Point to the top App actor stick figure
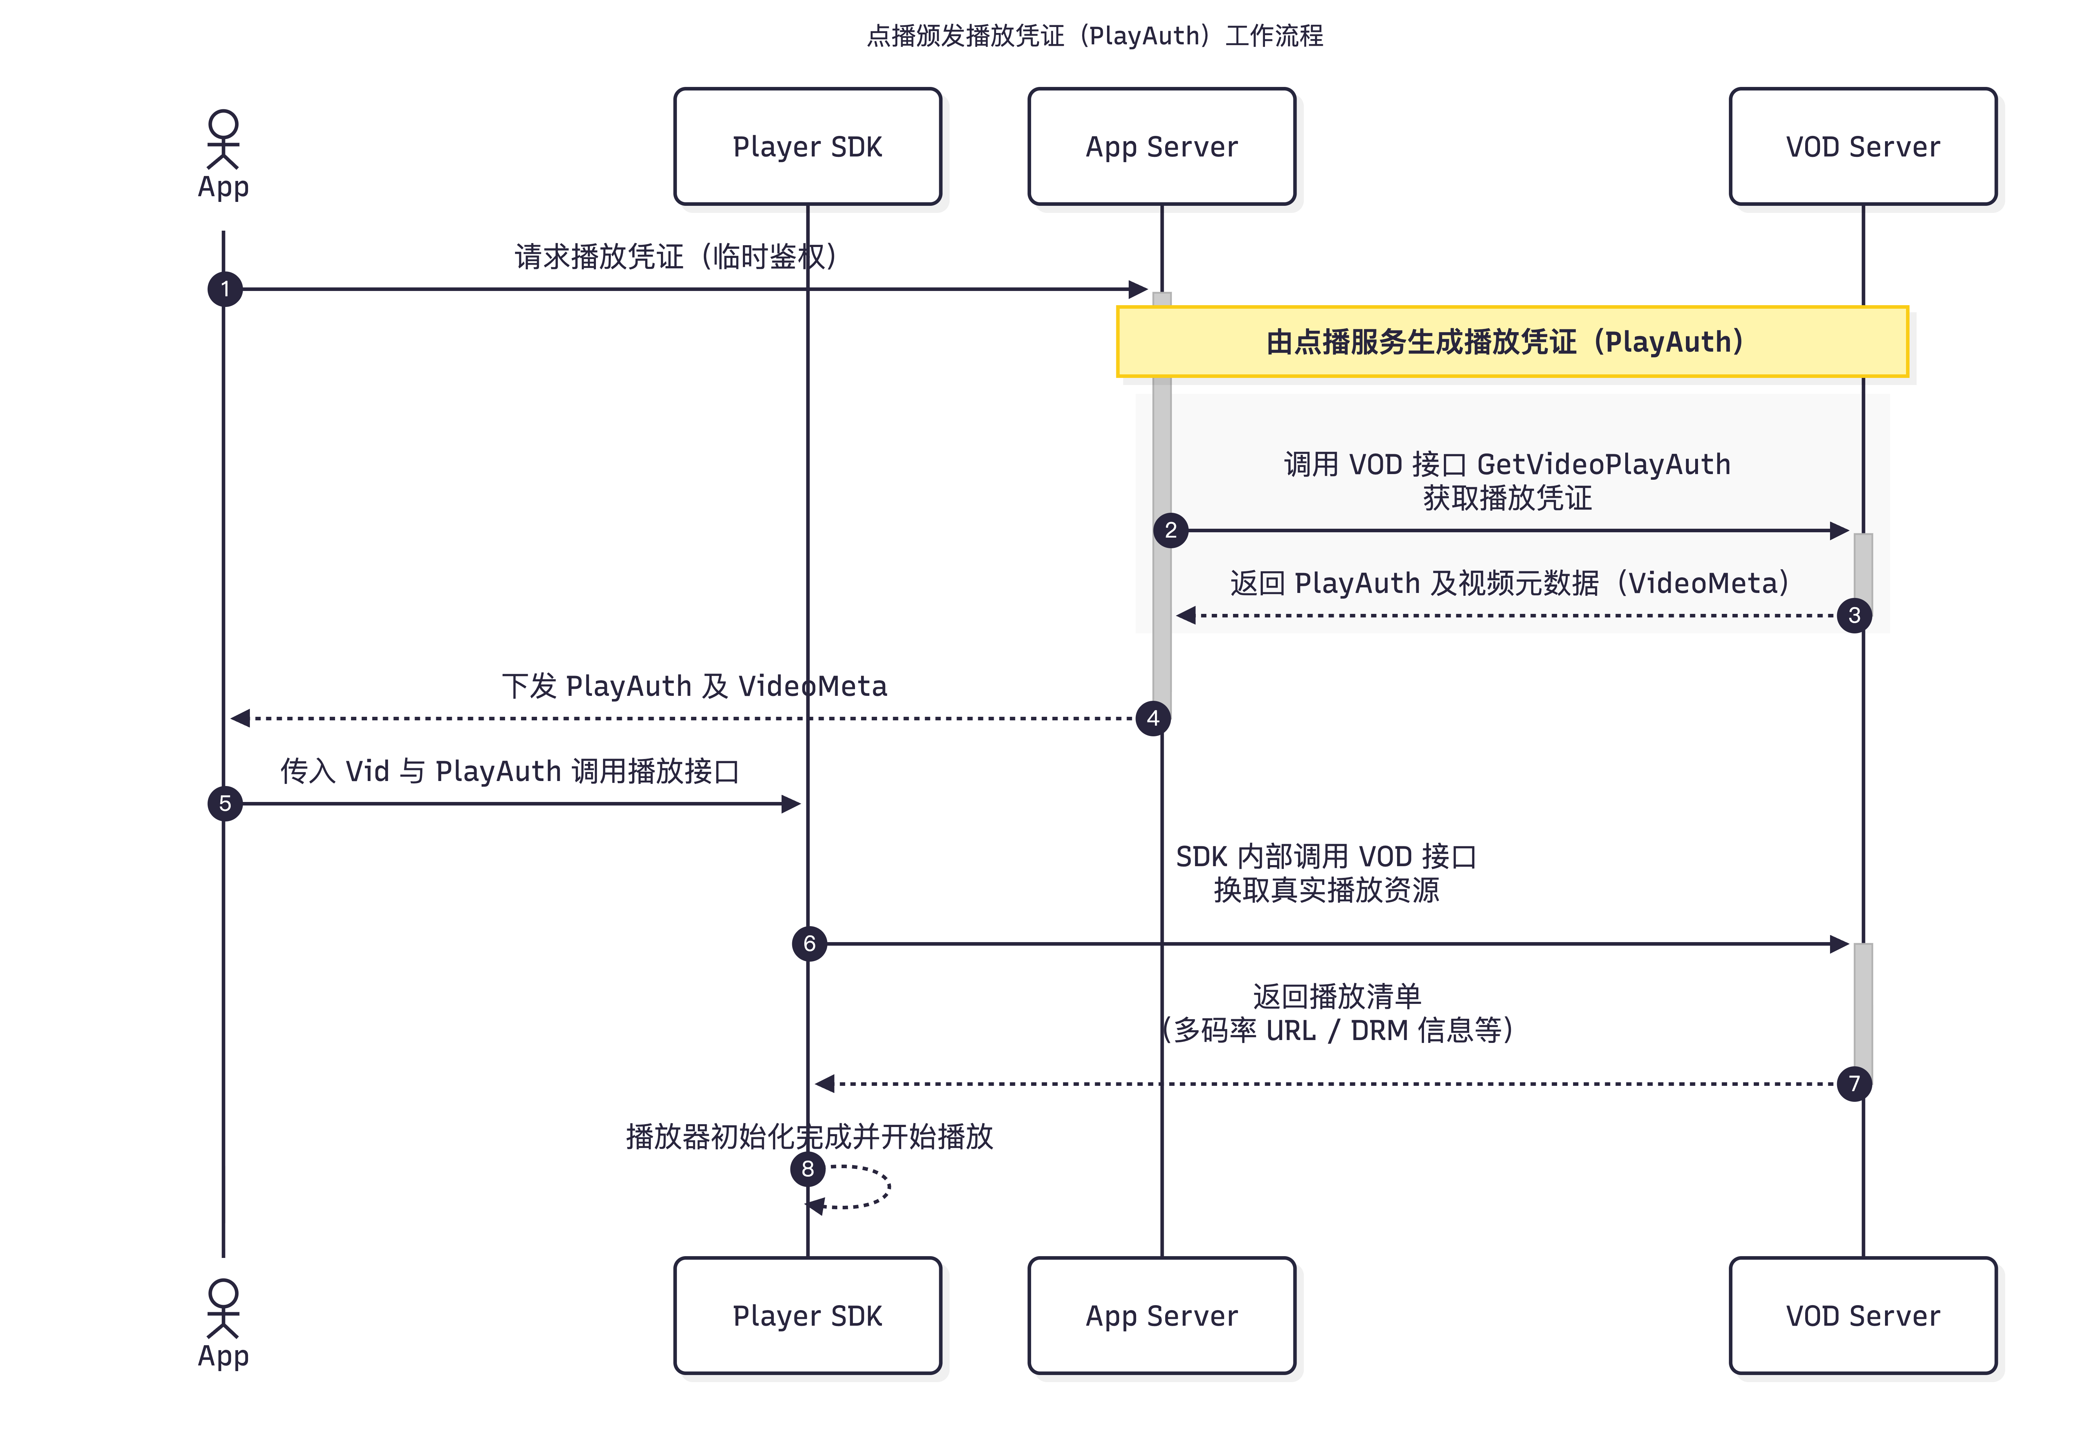pos(223,141)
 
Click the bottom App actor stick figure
pos(223,1309)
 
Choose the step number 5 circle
pos(225,804)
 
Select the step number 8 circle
pos(807,1169)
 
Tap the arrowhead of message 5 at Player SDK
pos(791,804)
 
